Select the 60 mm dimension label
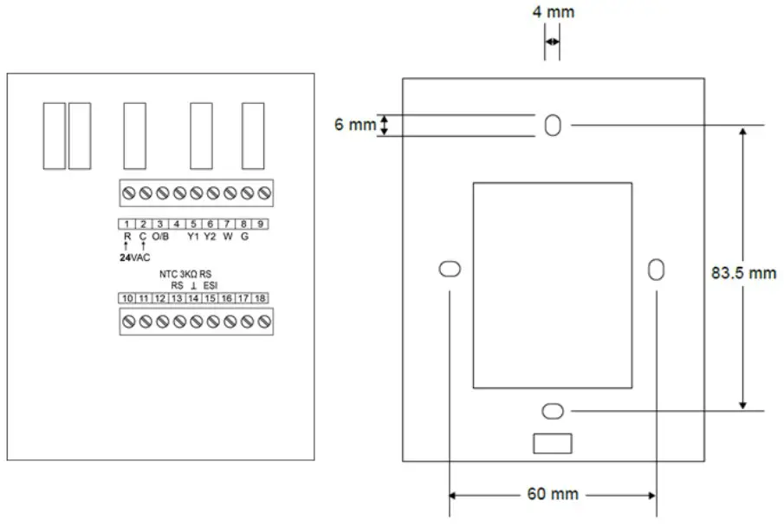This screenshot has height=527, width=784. (552, 494)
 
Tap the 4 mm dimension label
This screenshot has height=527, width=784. (554, 12)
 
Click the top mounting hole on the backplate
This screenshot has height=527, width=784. (552, 126)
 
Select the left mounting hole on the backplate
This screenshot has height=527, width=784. (449, 269)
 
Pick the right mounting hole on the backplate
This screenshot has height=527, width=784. (656, 269)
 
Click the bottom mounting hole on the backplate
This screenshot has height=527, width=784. (552, 410)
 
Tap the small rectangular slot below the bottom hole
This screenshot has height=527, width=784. (552, 443)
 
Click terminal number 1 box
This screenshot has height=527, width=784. (126, 224)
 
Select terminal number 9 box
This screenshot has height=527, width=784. (261, 224)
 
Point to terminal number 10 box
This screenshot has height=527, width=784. (126, 298)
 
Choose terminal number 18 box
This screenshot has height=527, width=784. (261, 298)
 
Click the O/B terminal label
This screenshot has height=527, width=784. (160, 236)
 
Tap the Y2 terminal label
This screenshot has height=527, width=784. (210, 236)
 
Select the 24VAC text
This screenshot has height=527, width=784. (134, 257)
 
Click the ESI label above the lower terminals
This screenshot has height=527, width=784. (211, 285)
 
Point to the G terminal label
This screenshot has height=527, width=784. (244, 236)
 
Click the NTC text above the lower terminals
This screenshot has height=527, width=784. (169, 274)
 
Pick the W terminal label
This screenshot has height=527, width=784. (227, 236)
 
